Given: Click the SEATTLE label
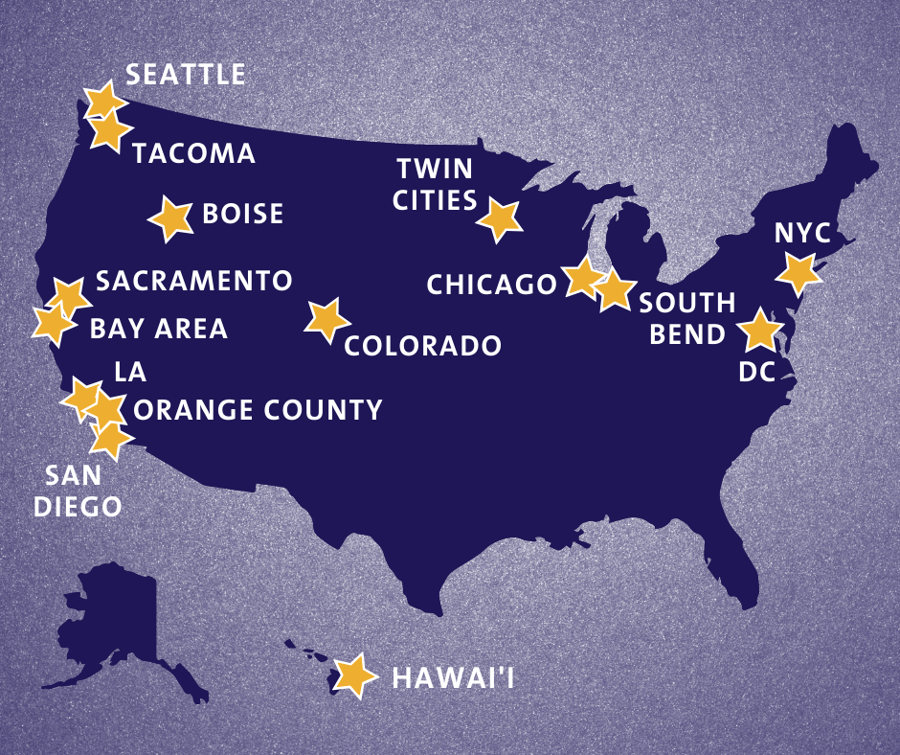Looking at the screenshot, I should click(x=186, y=75).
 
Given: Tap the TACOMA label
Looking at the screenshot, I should click(x=193, y=153).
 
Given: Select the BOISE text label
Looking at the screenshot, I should click(x=243, y=213).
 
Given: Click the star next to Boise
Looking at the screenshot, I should click(x=171, y=218).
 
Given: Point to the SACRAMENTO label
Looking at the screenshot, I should click(x=193, y=281).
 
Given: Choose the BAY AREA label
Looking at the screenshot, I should click(x=159, y=329).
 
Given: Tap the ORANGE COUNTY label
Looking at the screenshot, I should click(x=258, y=410).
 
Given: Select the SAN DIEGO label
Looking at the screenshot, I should click(x=78, y=491).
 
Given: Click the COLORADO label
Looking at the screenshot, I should click(x=422, y=346).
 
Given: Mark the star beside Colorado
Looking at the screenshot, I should click(x=326, y=320).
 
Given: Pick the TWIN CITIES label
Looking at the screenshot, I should click(x=436, y=185).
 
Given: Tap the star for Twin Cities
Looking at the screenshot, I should click(x=501, y=218).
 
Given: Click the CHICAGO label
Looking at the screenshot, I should click(x=491, y=285).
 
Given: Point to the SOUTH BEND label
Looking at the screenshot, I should click(x=686, y=319).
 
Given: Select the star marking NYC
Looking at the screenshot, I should click(x=799, y=273).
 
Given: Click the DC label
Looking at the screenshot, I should click(x=756, y=373).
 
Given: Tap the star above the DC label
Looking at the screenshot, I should click(x=760, y=330).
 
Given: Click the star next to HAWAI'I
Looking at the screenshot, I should click(x=354, y=675).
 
